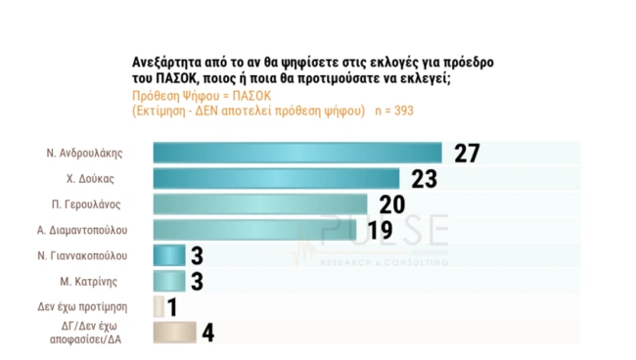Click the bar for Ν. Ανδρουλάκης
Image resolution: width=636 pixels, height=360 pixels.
(x=297, y=153)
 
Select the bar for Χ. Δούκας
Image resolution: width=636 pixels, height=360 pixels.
(x=277, y=178)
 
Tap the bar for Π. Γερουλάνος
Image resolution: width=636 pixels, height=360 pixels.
(x=260, y=203)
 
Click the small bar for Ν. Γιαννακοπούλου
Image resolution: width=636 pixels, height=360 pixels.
(x=169, y=255)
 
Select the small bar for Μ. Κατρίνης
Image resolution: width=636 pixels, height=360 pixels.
(x=169, y=281)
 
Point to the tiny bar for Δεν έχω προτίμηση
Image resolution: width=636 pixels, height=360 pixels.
(x=159, y=306)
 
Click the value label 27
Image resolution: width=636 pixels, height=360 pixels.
(x=467, y=153)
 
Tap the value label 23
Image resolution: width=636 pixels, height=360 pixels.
(x=424, y=178)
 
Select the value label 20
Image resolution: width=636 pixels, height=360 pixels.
(x=391, y=203)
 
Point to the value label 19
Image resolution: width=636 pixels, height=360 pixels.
(x=380, y=230)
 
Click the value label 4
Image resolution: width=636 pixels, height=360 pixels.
(x=207, y=332)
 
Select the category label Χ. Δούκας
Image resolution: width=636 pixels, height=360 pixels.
(x=103, y=179)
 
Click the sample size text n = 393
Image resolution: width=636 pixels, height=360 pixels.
(x=393, y=111)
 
